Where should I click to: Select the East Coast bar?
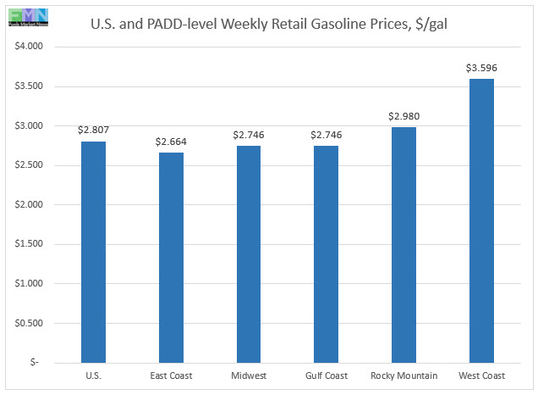(171, 257)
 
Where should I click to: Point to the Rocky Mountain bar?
(403, 245)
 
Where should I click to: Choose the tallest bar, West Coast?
(481, 220)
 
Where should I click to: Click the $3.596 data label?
(481, 67)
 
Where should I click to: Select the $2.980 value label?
(403, 115)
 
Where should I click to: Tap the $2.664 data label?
(171, 141)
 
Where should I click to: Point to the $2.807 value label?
(93, 130)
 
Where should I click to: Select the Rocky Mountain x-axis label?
(403, 376)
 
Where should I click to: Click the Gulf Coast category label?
(326, 376)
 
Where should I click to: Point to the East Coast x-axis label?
(171, 376)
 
